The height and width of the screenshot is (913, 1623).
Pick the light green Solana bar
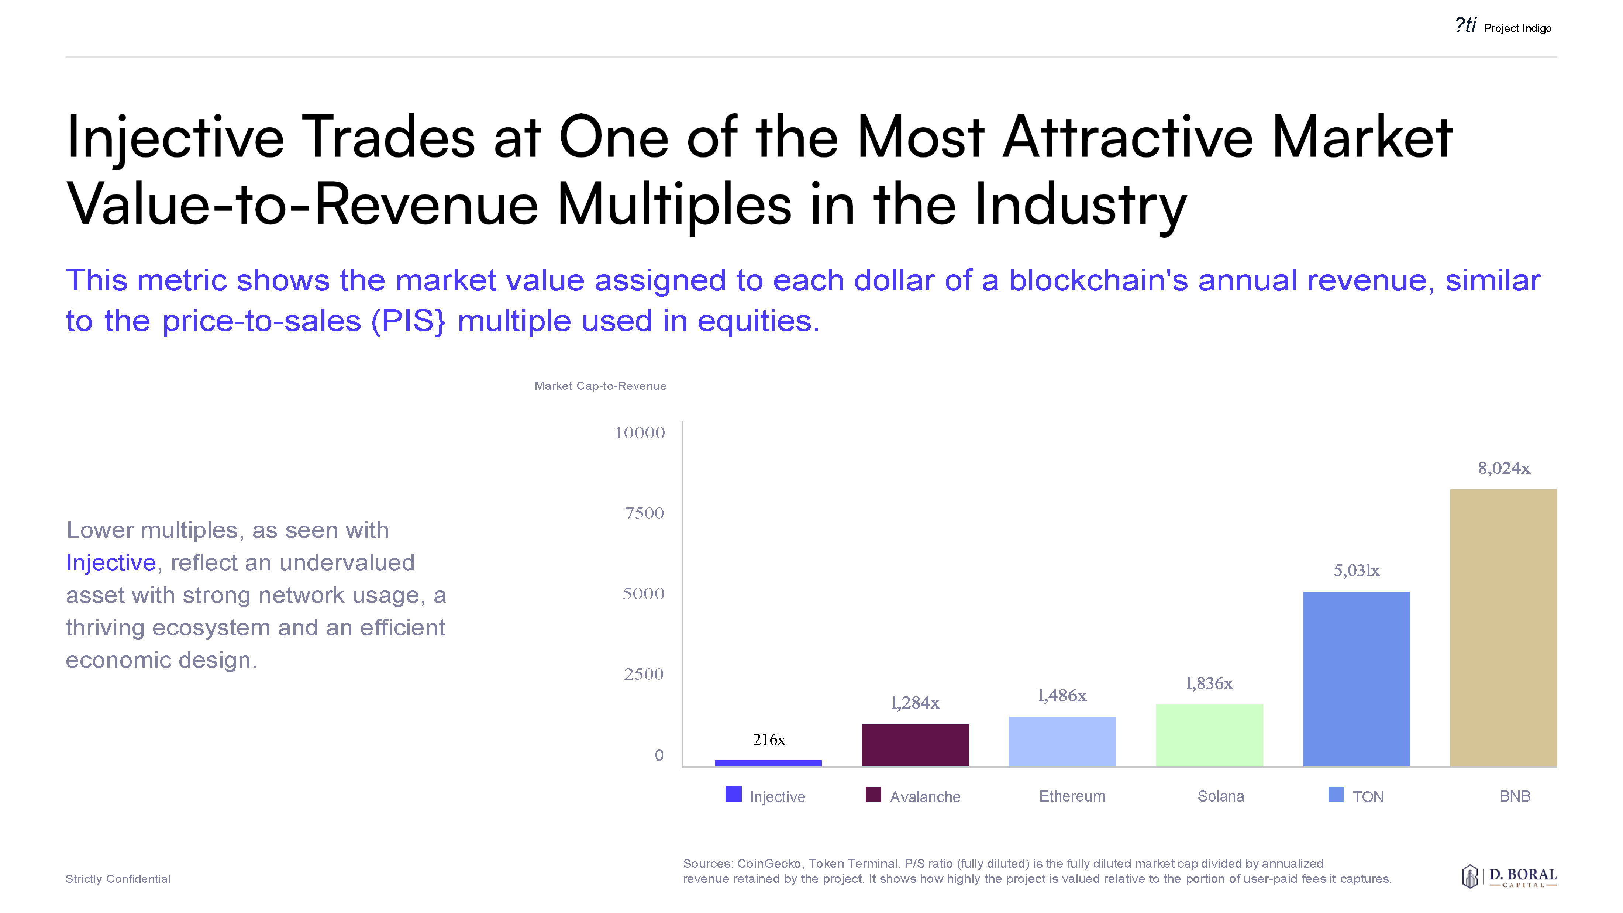1209,735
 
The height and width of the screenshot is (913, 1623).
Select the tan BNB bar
1503,628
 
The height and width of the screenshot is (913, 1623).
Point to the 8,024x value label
1503,468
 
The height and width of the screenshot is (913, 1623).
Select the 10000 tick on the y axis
640,433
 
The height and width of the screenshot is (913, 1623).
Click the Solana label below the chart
1220,796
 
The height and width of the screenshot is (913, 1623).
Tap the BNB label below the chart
1515,796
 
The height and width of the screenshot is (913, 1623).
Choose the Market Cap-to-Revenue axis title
600,386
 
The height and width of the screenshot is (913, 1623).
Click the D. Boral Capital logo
1509,876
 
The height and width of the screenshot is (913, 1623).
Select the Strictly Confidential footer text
118,879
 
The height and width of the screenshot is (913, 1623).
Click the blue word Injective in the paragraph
111,563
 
